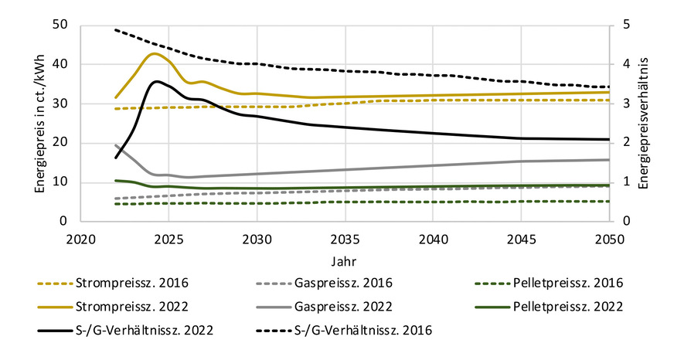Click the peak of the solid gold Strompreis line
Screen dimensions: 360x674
[155, 53]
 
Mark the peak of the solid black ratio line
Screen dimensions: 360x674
[157, 81]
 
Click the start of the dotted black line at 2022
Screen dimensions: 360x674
[116, 29]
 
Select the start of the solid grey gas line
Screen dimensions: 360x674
[116, 145]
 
